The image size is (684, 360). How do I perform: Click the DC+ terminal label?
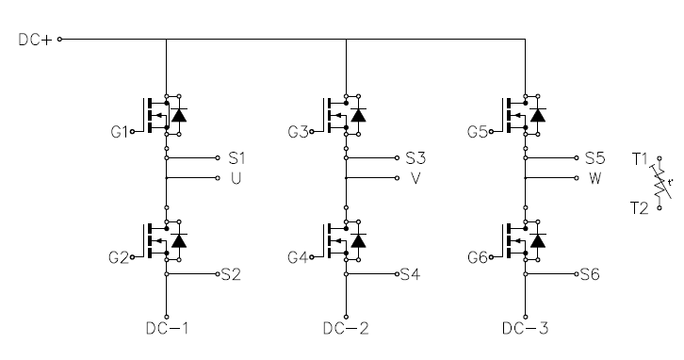tap(36, 40)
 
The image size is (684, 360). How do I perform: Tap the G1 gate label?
tap(119, 131)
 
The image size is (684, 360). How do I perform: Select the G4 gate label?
tap(298, 257)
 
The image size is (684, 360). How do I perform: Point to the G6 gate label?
tap(478, 257)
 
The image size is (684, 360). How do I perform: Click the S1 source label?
tap(236, 158)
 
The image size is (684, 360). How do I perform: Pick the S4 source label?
tap(411, 274)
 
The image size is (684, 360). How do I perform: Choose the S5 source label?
tap(595, 158)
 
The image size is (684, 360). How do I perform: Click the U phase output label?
tap(236, 178)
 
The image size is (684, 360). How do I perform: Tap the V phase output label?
tap(415, 178)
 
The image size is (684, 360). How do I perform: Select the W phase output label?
tap(595, 178)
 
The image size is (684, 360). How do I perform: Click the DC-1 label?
tap(168, 328)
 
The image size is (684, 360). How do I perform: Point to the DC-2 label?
tap(346, 328)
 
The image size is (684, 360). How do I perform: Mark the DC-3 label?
tap(525, 328)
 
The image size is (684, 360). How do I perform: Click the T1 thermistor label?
tap(640, 159)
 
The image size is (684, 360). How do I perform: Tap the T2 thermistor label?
tap(640, 208)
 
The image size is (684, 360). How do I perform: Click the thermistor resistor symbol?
tap(660, 183)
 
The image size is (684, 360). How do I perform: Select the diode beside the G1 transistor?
tap(179, 115)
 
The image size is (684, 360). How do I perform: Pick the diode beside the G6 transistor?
tap(537, 241)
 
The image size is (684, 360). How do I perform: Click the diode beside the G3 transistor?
tap(358, 115)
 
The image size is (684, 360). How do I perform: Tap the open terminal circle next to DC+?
tap(59, 40)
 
